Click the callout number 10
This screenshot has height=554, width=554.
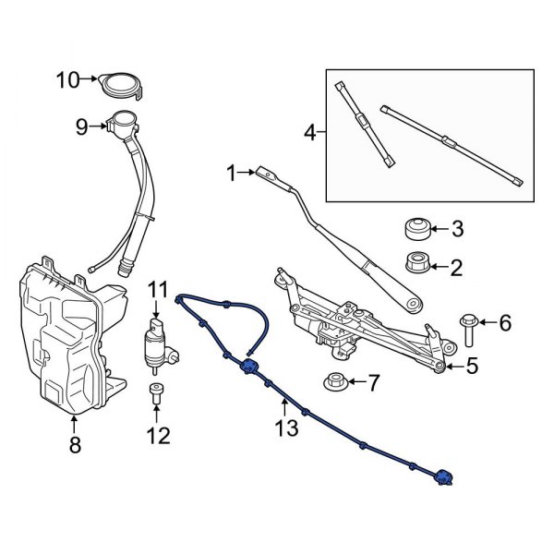click(x=68, y=79)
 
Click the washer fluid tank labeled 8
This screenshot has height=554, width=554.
click(x=61, y=342)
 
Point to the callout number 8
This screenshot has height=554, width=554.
click(x=75, y=445)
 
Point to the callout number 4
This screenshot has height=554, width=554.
click(x=310, y=134)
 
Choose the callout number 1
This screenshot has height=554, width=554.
click(x=231, y=172)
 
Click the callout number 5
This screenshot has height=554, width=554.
click(x=472, y=367)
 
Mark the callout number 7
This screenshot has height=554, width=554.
click(x=373, y=380)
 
